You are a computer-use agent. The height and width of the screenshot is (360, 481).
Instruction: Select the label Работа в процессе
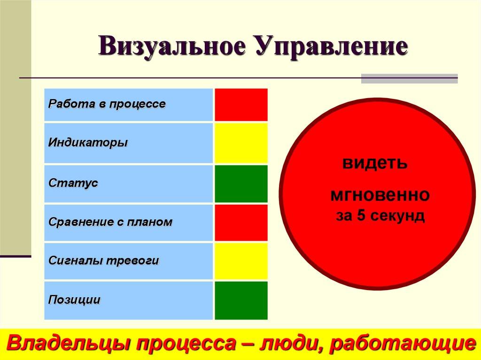107,104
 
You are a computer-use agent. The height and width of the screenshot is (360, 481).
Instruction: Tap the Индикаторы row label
88,142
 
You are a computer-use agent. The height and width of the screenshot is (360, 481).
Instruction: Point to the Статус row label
73,183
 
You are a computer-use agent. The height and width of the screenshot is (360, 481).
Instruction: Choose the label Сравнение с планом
110,222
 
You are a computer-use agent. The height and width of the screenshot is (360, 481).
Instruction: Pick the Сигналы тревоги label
104,261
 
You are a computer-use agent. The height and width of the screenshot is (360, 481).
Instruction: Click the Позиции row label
74,300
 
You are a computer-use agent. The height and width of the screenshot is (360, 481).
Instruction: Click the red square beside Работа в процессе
241,105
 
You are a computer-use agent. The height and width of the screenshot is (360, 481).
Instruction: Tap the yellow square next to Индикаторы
241,143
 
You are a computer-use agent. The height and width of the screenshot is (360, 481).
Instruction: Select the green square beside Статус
241,184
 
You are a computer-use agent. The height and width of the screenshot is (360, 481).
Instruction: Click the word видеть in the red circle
374,163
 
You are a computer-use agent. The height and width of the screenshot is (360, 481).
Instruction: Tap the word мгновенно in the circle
380,194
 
